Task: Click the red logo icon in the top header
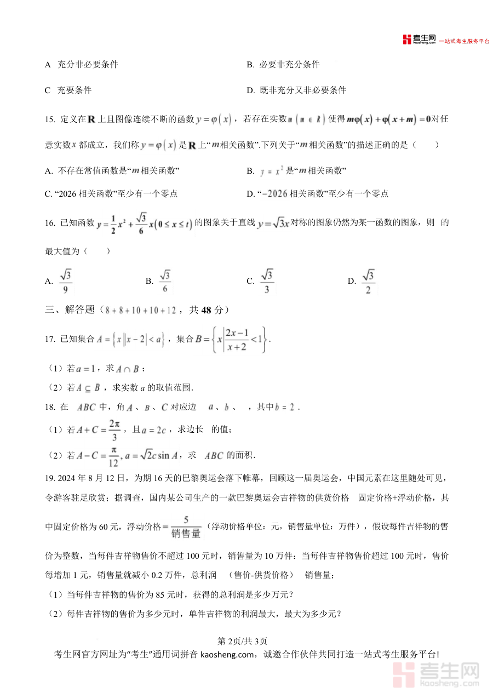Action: [x=406, y=39]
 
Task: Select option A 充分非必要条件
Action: [x=82, y=65]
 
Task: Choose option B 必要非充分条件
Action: [x=283, y=65]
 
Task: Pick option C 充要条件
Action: [x=68, y=90]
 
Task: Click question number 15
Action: [x=50, y=119]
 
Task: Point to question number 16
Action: [x=50, y=222]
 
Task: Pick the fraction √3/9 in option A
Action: [x=66, y=282]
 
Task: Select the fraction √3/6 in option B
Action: [x=165, y=282]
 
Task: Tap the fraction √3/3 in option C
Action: [x=267, y=282]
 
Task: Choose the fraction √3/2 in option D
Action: [x=368, y=282]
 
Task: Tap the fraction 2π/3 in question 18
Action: [x=114, y=430]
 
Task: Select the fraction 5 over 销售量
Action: [x=186, y=527]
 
